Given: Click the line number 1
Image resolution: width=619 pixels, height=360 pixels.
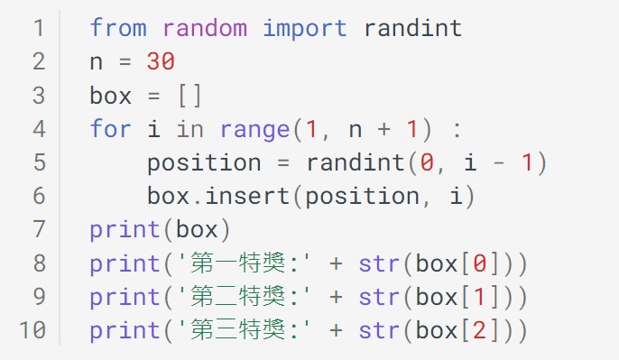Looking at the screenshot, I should pyautogui.click(x=38, y=28).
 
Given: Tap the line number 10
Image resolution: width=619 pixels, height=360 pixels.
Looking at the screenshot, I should pyautogui.click(x=32, y=329).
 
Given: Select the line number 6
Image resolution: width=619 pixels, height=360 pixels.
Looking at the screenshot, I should pyautogui.click(x=38, y=196).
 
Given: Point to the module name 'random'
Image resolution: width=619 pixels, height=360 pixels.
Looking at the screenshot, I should pyautogui.click(x=204, y=28).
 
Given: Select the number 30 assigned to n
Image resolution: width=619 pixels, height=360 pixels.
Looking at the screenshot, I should pyautogui.click(x=160, y=61).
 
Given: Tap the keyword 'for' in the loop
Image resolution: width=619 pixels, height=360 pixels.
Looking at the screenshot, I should pyautogui.click(x=110, y=129).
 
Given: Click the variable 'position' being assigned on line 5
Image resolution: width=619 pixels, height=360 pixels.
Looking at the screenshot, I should pyautogui.click(x=204, y=162).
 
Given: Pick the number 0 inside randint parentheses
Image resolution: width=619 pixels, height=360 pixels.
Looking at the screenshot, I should pyautogui.click(x=427, y=162).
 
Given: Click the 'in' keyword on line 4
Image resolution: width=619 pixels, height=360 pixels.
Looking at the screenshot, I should pyautogui.click(x=189, y=129).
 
